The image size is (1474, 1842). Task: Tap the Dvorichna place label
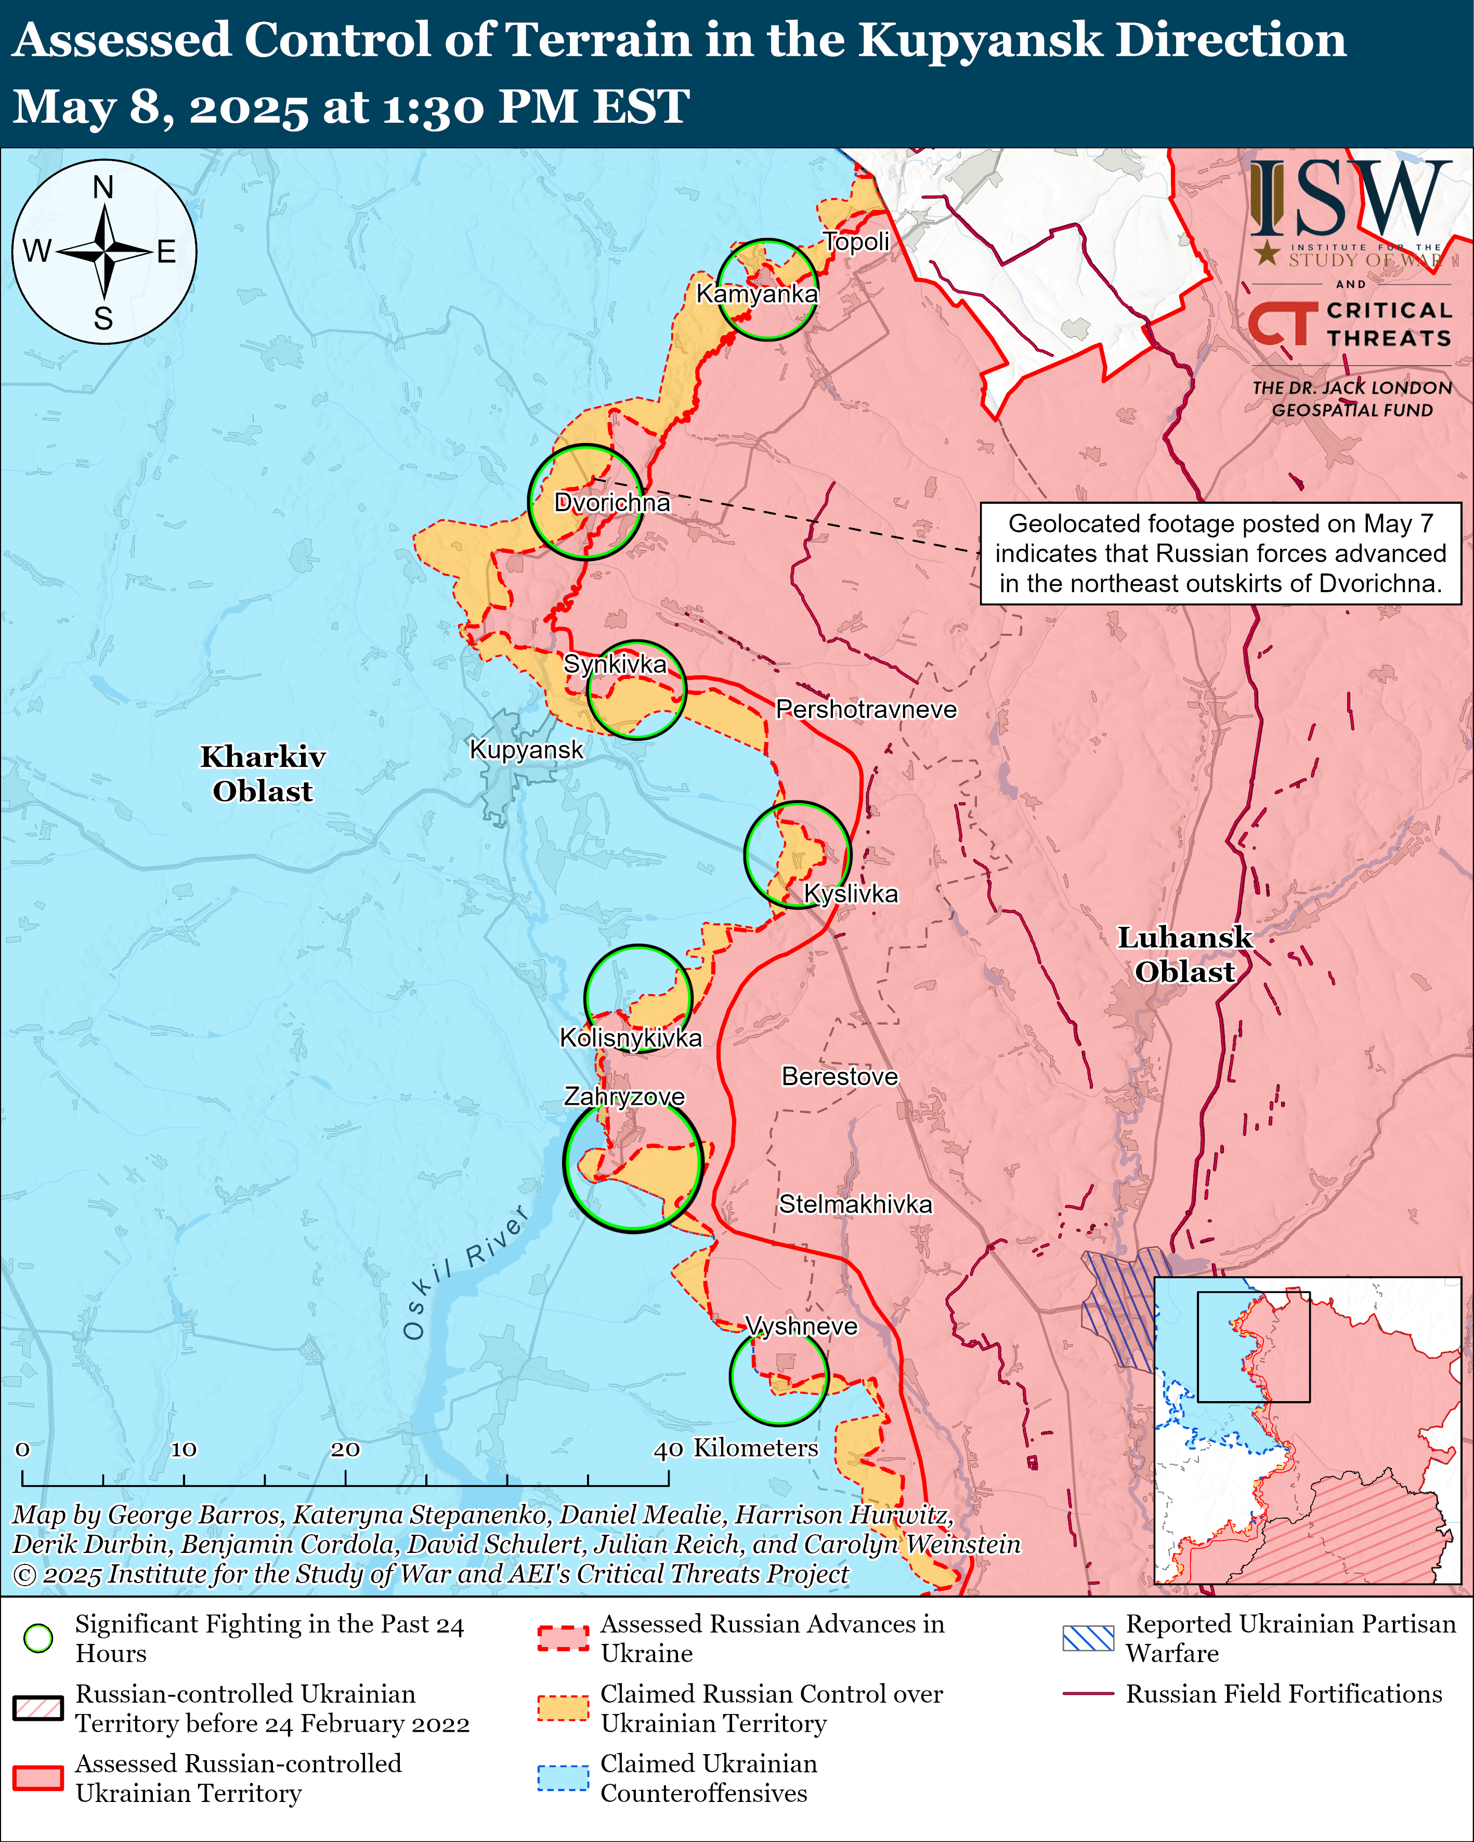tap(612, 502)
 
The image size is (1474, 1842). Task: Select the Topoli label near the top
tap(856, 242)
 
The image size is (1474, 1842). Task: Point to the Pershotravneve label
tap(866, 709)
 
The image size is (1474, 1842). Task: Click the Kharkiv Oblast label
tap(263, 773)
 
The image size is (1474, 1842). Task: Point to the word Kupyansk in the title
tap(979, 40)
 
